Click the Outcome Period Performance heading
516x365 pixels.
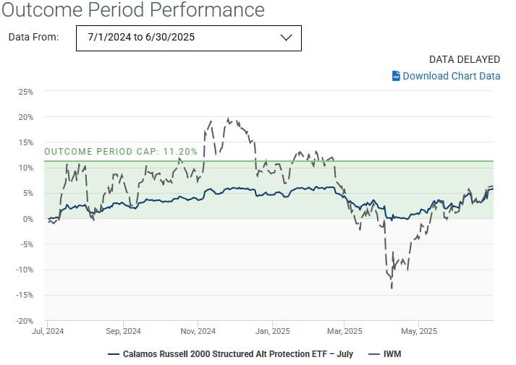(132, 10)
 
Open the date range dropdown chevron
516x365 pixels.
(285, 38)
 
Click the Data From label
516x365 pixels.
(33, 38)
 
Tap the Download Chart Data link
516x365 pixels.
(451, 76)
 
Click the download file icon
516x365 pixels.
(396, 76)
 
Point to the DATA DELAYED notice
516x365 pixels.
(465, 59)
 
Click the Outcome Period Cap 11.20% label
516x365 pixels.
(121, 152)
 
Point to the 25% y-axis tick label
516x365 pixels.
(25, 92)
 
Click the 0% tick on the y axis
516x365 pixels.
(28, 218)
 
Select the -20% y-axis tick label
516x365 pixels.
(25, 320)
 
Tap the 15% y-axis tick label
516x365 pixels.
(25, 142)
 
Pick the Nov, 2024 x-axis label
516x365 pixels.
(198, 332)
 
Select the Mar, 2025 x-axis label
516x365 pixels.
(344, 332)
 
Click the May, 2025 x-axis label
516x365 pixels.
(419, 332)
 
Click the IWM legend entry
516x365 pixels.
(386, 354)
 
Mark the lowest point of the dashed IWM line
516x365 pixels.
(392, 288)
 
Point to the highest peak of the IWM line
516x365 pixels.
(229, 119)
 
